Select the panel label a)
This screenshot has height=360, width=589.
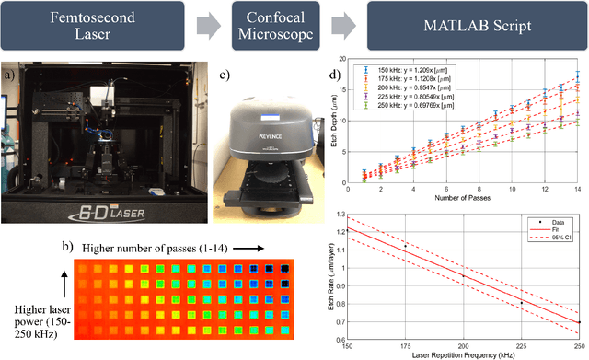pyautogui.click(x=8, y=70)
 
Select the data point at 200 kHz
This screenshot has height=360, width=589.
pyautogui.click(x=463, y=276)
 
